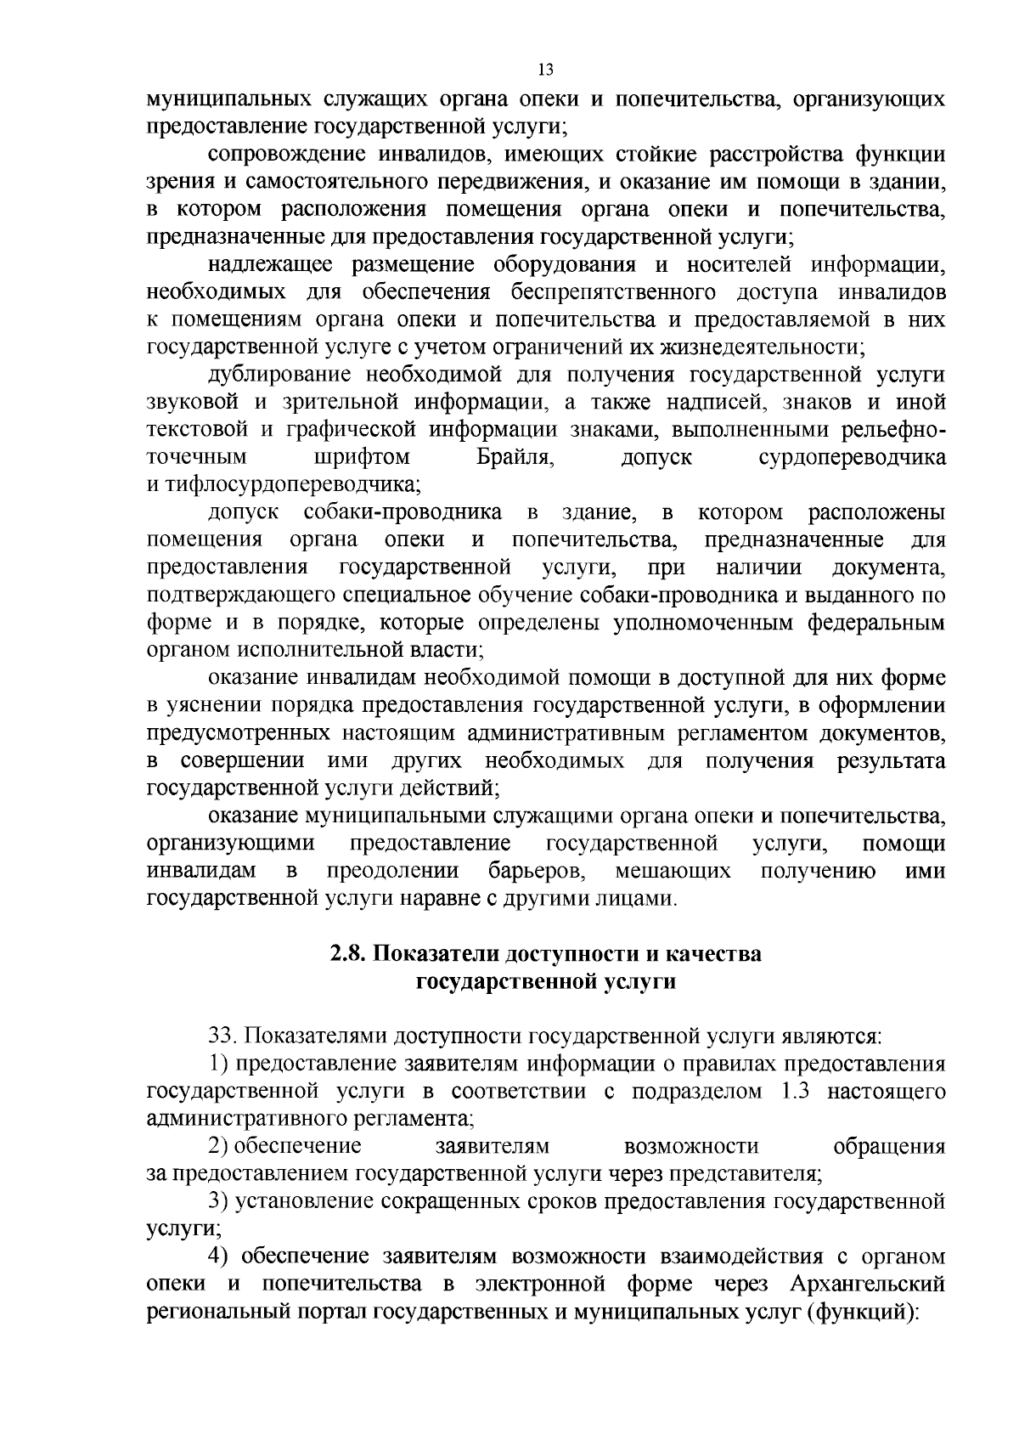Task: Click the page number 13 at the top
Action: (x=546, y=70)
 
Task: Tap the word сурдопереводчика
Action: (x=852, y=458)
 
